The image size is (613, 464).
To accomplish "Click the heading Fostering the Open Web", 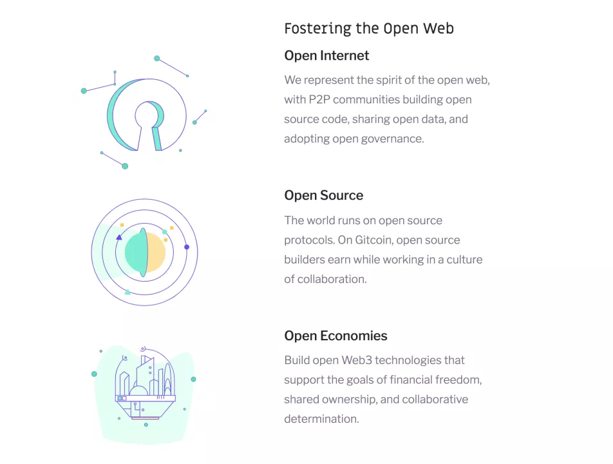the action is (369, 28).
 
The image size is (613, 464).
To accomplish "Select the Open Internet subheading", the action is (326, 55).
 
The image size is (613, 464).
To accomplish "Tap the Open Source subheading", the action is (324, 195).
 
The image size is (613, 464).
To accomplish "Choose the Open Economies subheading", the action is (336, 336).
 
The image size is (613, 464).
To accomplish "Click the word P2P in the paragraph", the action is (319, 99).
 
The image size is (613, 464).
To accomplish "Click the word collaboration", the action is (332, 279).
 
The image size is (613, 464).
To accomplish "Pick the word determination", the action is (321, 419).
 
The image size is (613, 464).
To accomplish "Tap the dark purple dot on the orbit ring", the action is (187, 247).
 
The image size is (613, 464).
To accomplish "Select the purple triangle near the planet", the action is (119, 237).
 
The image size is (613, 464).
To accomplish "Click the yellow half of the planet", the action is (156, 253).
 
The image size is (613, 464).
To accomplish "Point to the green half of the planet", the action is (135, 253).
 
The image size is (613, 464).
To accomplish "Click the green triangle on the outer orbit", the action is (127, 292).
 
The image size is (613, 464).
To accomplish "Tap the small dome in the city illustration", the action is (139, 390).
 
